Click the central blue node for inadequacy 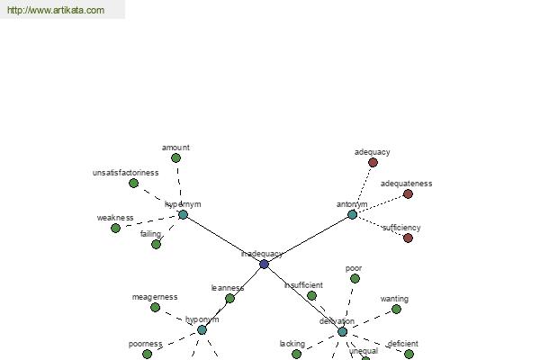pos(264,264)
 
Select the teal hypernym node pos(183,214)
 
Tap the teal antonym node pos(352,214)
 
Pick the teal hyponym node pos(202,330)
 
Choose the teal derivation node pos(342,331)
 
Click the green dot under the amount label pos(175,157)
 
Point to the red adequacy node pos(373,162)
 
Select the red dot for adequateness pos(408,193)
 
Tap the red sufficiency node pos(408,238)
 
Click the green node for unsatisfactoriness pos(133,183)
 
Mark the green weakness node pos(115,228)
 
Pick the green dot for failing pos(156,244)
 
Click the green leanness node pos(229,298)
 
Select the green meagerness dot pos(155,307)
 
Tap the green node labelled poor pos(355,278)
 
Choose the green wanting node pos(396,309)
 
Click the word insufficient pos(303,285)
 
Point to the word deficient pos(402,344)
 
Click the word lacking pos(292,344)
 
